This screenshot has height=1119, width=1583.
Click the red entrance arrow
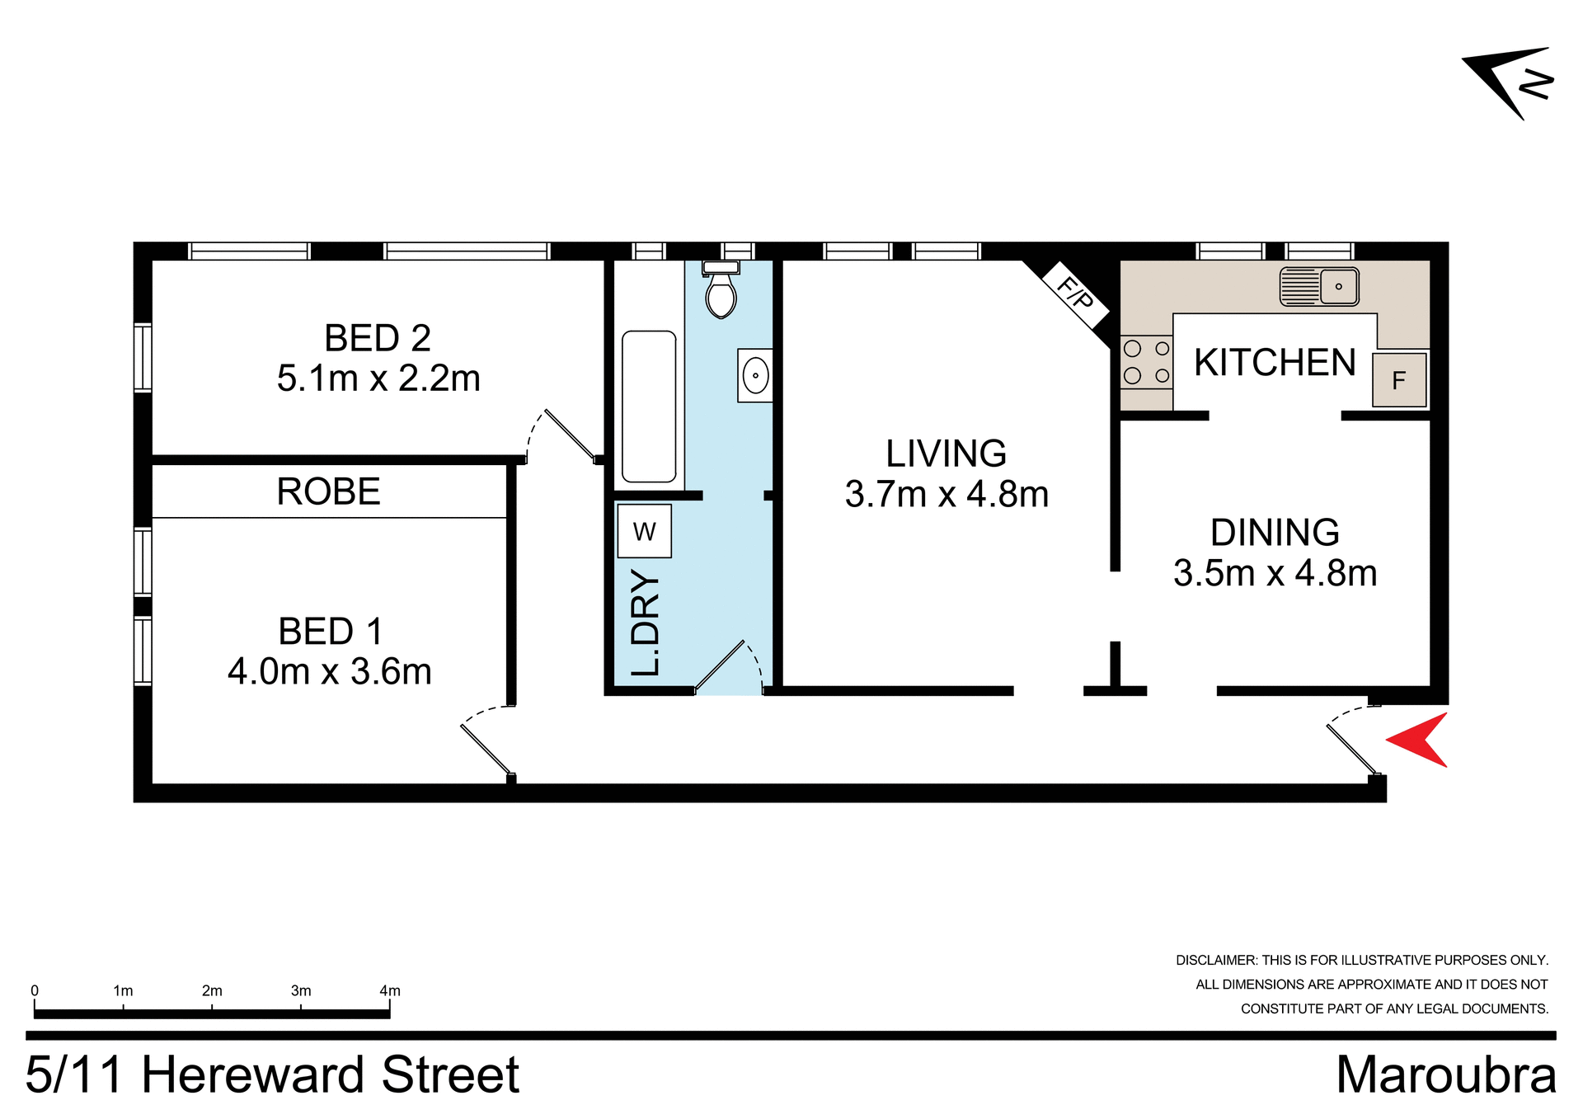click(1420, 740)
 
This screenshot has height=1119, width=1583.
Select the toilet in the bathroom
click(721, 292)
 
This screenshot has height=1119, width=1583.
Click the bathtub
click(649, 407)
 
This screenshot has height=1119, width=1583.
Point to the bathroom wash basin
click(754, 376)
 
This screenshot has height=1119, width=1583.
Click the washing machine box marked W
click(644, 532)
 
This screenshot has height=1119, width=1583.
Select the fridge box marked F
click(1399, 380)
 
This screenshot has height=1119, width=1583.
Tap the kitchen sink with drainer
click(1319, 286)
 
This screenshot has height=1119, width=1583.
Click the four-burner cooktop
click(1146, 362)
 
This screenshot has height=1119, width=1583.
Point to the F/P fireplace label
click(1075, 292)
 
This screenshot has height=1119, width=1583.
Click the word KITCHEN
click(1275, 363)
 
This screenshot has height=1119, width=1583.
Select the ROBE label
click(328, 492)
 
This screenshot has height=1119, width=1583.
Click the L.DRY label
click(646, 623)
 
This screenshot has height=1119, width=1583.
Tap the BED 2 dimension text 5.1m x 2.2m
click(378, 378)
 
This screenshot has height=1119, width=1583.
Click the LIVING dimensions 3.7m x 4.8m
click(947, 495)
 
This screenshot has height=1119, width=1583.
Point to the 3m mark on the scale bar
click(301, 991)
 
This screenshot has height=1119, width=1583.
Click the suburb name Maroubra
click(1446, 1075)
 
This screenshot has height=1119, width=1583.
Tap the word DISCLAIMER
click(1216, 960)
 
